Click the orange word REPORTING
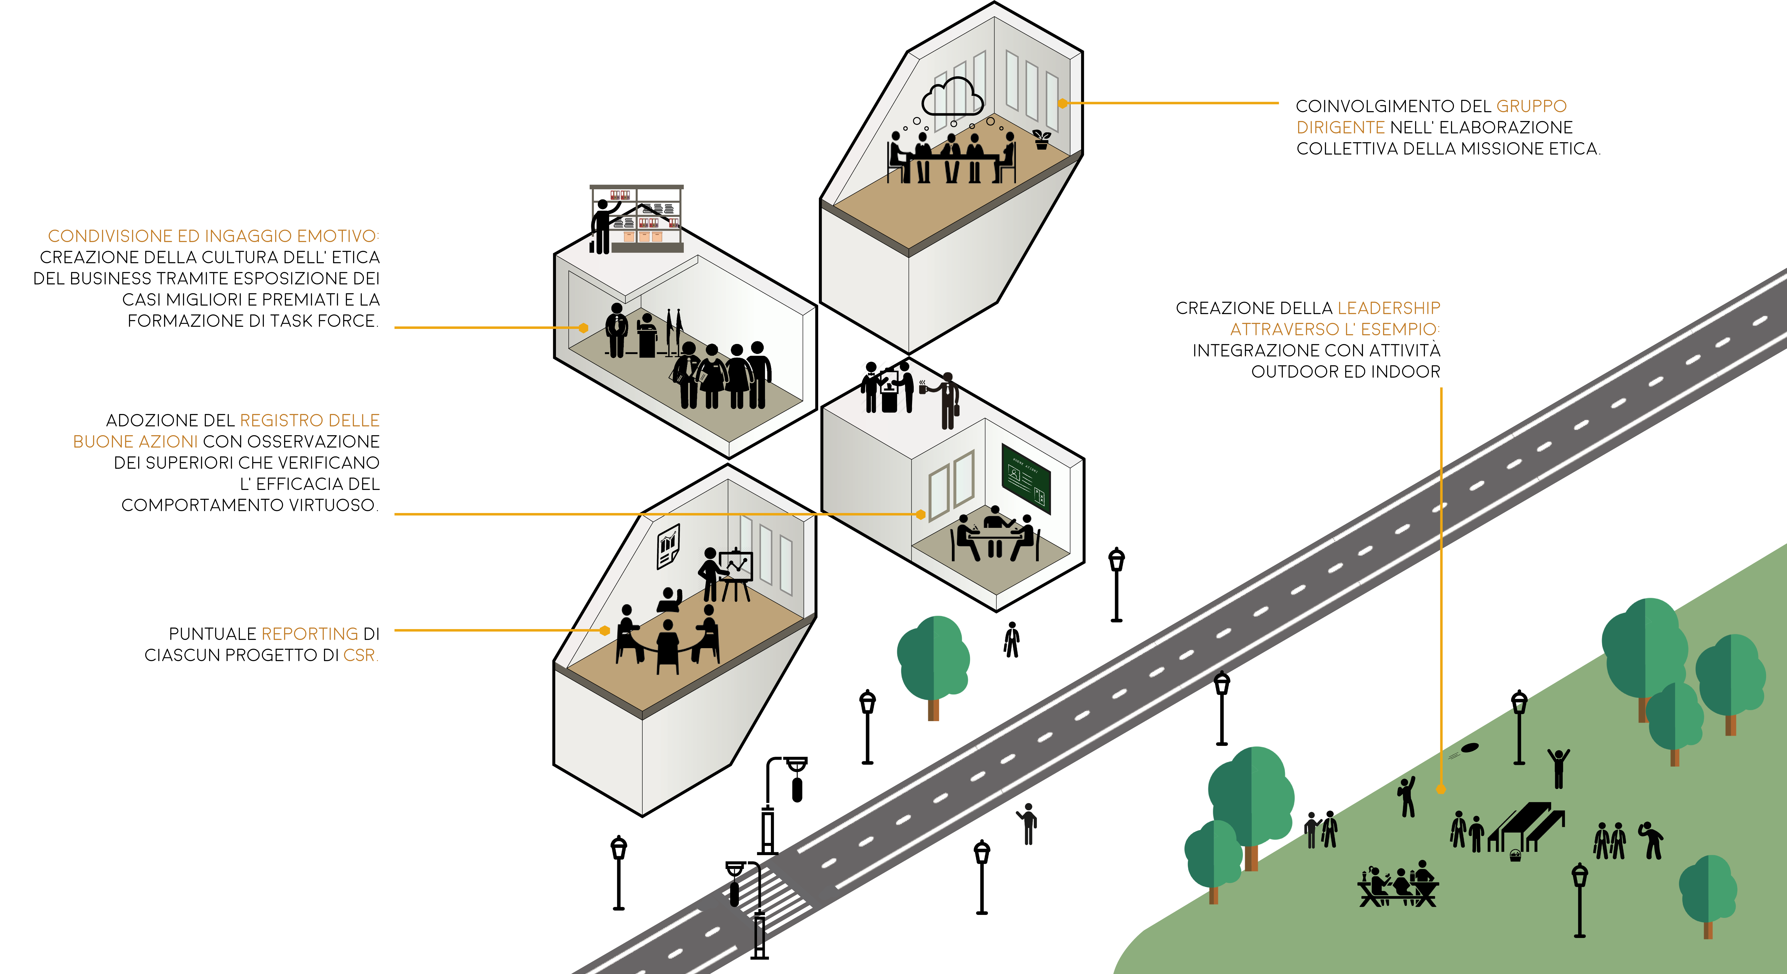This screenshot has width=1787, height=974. (309, 634)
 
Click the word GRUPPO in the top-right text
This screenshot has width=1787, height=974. (1531, 106)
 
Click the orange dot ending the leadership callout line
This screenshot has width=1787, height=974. (1441, 789)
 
